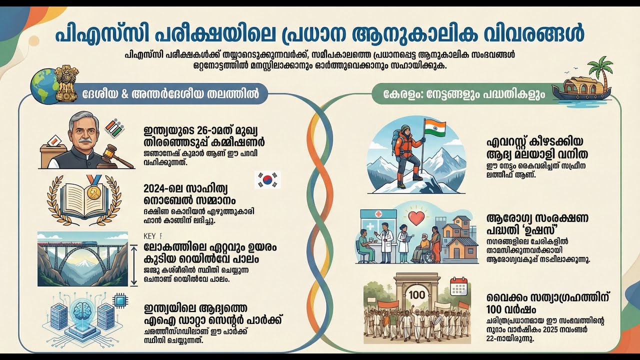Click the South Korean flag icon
(267, 179)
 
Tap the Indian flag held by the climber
(434, 128)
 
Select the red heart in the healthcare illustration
(416, 218)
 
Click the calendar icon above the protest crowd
(458, 286)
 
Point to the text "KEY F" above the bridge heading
(153, 236)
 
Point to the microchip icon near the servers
(120, 300)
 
